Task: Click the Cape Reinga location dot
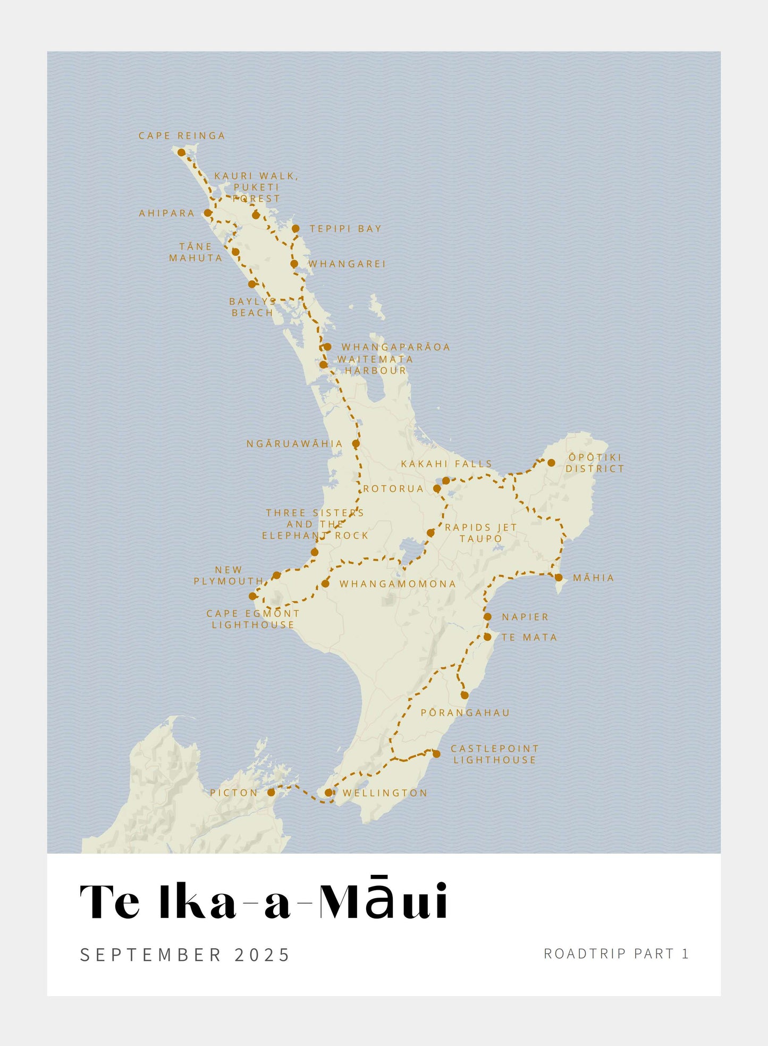181,153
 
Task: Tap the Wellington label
385,793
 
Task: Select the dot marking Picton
271,792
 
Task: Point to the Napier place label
525,617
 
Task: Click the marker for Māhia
559,578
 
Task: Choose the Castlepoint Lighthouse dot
436,754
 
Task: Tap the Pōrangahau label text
465,713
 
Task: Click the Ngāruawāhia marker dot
356,443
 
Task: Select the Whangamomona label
398,584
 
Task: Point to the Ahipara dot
208,213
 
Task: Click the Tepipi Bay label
345,229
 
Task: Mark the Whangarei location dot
294,264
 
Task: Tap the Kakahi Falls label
446,464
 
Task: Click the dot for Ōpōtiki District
551,463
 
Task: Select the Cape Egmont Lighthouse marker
253,596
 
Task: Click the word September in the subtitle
150,955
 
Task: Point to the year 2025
262,955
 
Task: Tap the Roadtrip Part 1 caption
616,953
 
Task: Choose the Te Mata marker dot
487,637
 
